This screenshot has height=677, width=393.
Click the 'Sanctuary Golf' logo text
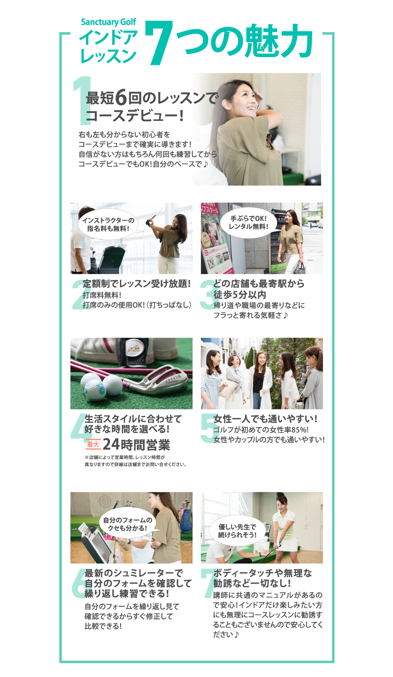[x=108, y=22]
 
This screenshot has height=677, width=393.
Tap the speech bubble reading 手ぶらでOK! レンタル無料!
[x=249, y=223]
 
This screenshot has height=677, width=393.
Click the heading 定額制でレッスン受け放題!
[x=137, y=284]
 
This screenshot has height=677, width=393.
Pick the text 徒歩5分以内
[x=240, y=294]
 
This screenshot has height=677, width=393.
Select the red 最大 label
[x=93, y=444]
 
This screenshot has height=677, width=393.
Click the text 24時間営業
[x=136, y=445]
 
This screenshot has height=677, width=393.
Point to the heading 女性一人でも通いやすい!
[x=265, y=419]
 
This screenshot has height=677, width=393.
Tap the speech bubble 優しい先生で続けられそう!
[x=238, y=531]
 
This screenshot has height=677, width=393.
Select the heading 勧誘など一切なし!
[x=252, y=583]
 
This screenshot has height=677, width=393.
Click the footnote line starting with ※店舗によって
[x=125, y=457]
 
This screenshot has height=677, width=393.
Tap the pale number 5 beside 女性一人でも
[x=208, y=428]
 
